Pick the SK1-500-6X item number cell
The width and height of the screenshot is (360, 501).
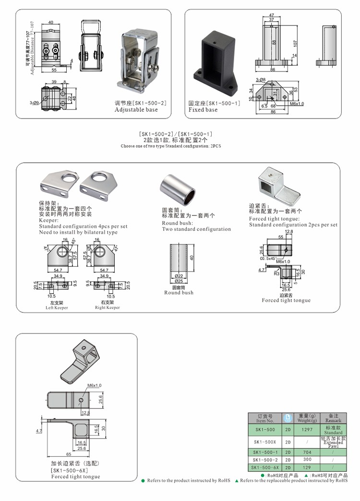(x=265, y=467)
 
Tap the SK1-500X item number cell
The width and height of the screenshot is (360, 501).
(x=265, y=441)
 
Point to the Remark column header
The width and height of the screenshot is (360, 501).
(x=333, y=417)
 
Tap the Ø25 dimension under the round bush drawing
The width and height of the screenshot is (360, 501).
(x=179, y=281)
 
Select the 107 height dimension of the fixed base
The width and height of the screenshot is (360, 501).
(x=295, y=43)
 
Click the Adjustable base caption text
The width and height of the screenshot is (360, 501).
(x=136, y=110)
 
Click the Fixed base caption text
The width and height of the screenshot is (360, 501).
(x=203, y=110)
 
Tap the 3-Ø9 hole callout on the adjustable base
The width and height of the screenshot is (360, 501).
(x=35, y=103)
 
